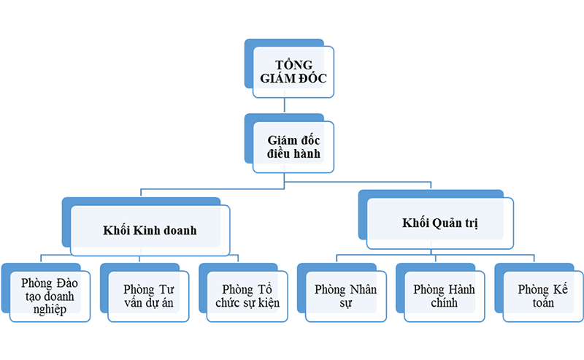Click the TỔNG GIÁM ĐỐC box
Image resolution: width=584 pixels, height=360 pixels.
tap(293, 72)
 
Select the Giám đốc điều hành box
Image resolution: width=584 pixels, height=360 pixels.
tap(293, 146)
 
